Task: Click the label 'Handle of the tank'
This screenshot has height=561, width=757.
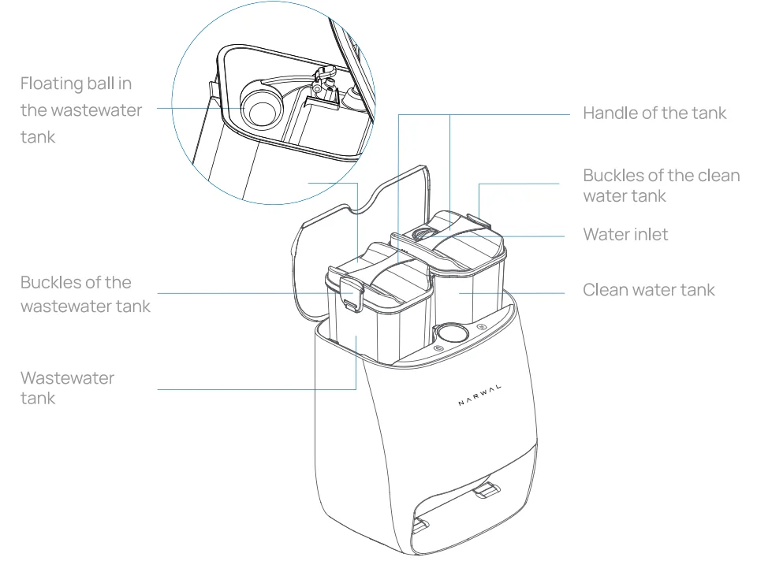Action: [654, 113]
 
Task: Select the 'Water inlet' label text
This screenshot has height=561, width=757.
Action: [625, 234]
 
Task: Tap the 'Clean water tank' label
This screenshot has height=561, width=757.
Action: [648, 290]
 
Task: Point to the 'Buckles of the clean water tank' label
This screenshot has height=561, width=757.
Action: [661, 185]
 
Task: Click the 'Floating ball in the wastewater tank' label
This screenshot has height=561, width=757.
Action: [81, 110]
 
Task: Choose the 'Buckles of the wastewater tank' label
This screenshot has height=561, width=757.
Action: [85, 294]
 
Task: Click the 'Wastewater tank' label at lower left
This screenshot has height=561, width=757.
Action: [67, 388]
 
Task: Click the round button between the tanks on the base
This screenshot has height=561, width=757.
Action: [449, 333]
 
